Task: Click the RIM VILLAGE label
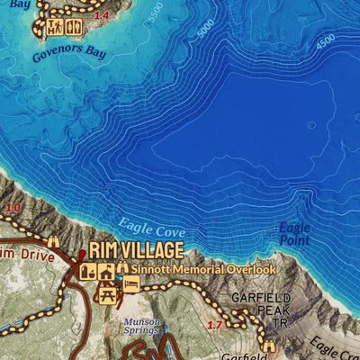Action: (x=136, y=250)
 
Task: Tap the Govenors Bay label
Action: (x=69, y=51)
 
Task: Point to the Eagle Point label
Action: (x=294, y=234)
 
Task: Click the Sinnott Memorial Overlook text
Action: (x=203, y=268)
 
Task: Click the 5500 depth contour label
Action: (x=157, y=13)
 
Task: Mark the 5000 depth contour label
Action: (x=206, y=28)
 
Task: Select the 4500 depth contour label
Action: (x=325, y=41)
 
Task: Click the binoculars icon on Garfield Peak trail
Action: (x=268, y=345)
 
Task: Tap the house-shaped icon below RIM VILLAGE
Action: (x=105, y=269)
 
